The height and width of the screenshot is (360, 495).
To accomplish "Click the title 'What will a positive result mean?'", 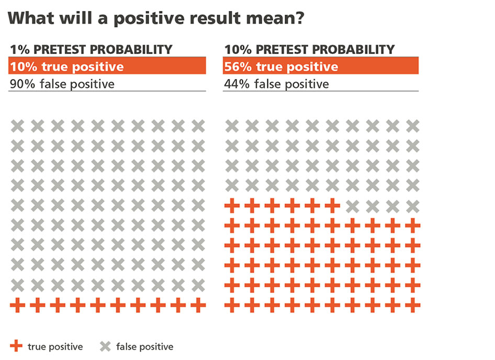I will click(x=157, y=19).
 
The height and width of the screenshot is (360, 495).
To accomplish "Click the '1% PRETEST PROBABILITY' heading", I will click(x=91, y=50).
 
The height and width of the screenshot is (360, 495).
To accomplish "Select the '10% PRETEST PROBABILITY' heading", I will click(x=309, y=50).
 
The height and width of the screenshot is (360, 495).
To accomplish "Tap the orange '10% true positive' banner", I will click(x=107, y=66).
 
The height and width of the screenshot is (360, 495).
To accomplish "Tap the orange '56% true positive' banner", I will click(x=321, y=66).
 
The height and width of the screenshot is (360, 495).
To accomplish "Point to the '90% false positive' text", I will click(x=62, y=84).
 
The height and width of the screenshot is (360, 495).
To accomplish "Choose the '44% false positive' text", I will click(x=276, y=84).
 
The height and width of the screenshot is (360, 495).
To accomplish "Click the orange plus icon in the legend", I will click(x=17, y=346).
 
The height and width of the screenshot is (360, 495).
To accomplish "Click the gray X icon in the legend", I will click(x=105, y=346).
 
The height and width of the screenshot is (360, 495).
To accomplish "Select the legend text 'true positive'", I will click(x=55, y=346).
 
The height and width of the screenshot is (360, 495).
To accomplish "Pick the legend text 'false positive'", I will click(x=144, y=346).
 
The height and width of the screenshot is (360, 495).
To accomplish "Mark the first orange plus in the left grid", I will click(x=17, y=305).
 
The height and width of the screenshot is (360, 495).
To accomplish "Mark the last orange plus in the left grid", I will click(x=198, y=305).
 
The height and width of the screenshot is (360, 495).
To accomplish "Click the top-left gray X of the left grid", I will click(x=17, y=126).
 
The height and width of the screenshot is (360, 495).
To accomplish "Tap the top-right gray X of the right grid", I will click(x=412, y=126).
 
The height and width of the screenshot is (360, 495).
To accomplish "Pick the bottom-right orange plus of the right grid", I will click(x=412, y=305).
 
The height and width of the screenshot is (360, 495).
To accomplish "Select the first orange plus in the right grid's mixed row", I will click(x=231, y=206).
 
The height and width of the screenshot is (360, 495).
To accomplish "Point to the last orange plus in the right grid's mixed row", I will click(x=332, y=206).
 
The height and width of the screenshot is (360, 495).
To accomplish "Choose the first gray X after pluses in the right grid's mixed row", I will click(x=352, y=206).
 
